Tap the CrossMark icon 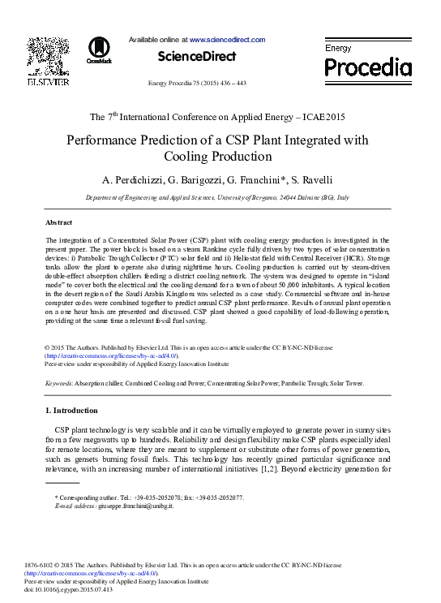[100, 50]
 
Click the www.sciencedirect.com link [227, 39]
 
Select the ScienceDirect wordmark [197, 57]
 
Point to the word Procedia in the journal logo [368, 66]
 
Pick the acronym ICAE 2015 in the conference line [319, 117]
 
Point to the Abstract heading [59, 222]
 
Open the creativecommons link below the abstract [113, 355]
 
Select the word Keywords [59, 381]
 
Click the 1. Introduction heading [71, 411]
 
